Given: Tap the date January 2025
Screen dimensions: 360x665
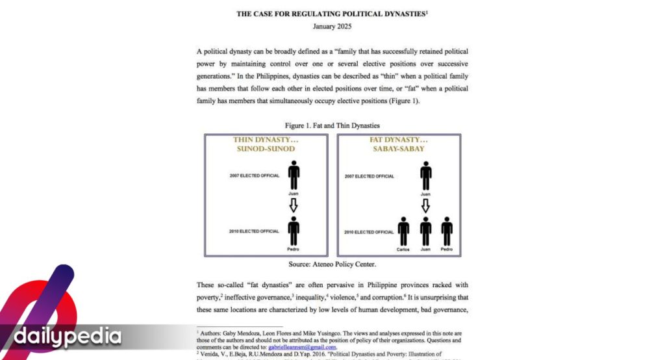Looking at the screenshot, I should [x=332, y=27].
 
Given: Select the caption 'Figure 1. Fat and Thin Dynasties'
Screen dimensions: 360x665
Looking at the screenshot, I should [x=332, y=125].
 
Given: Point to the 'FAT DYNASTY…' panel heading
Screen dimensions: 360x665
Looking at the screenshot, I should [x=399, y=140].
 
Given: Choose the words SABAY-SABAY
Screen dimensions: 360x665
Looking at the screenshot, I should [x=399, y=149].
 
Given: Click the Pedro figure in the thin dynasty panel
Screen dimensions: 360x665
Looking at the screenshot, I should [x=294, y=231].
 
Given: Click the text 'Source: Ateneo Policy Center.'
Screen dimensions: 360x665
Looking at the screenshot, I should [x=332, y=264].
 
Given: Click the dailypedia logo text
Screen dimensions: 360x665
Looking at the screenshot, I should [x=68, y=337].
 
